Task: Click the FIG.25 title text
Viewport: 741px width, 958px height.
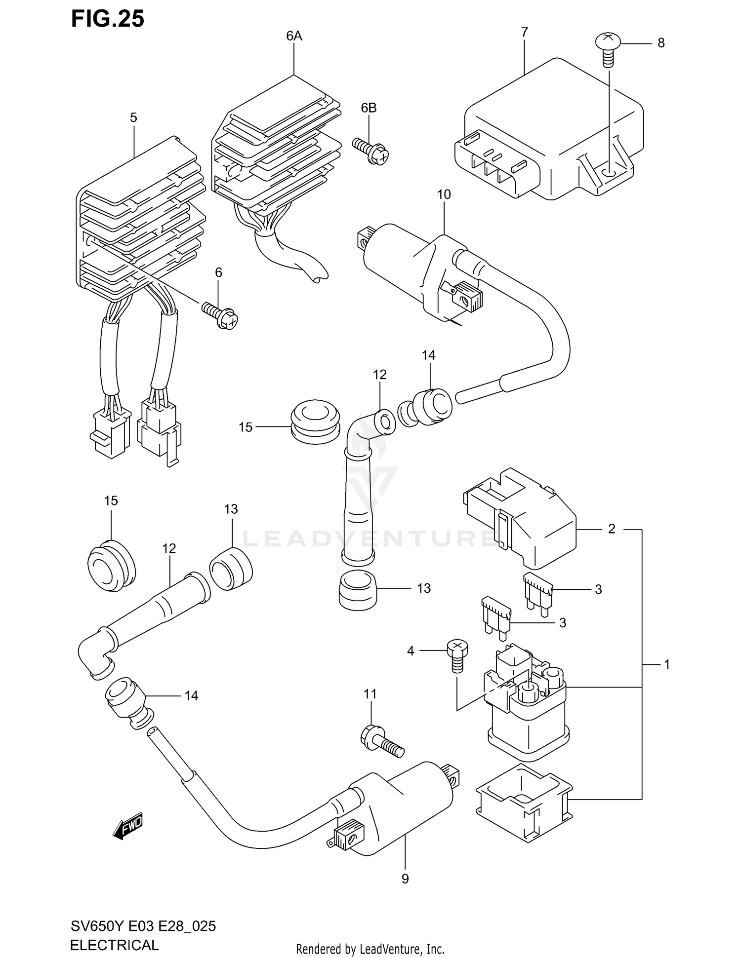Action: click(108, 19)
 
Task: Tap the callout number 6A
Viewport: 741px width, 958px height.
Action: click(294, 36)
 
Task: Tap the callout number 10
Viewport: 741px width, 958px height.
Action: click(444, 194)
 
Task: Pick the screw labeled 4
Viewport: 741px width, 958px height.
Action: click(457, 654)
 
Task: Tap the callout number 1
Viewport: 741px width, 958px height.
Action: click(666, 664)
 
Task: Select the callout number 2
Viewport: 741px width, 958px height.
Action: click(612, 529)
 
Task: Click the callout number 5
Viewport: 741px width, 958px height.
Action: click(133, 118)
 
